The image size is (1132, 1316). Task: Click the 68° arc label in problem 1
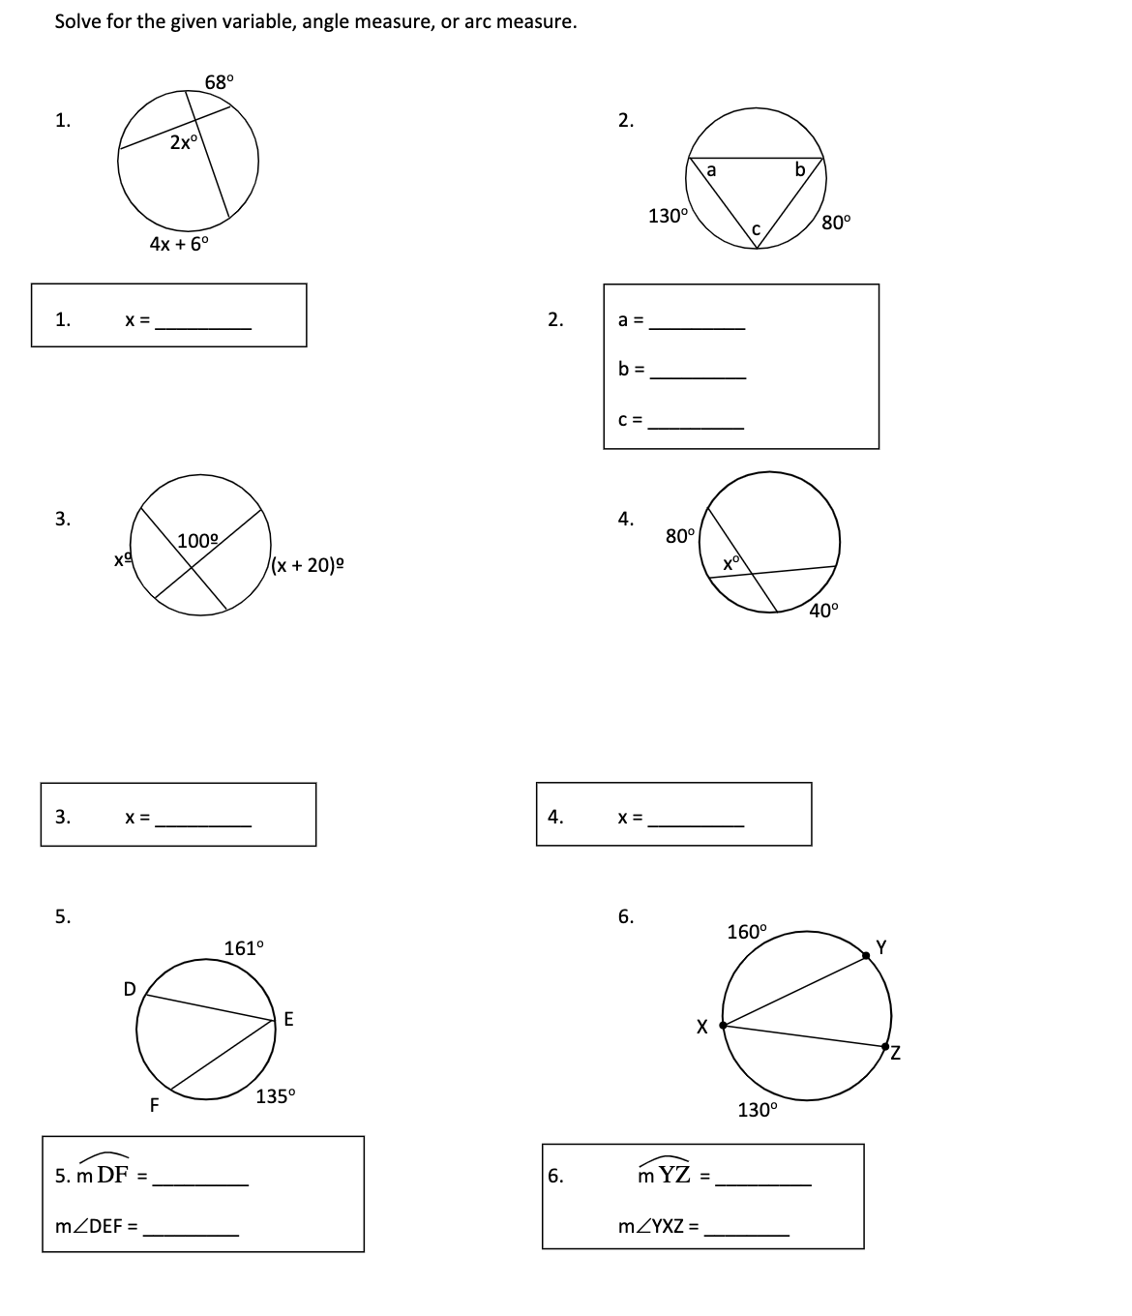pyautogui.click(x=219, y=81)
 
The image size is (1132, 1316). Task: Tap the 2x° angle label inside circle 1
pyautogui.click(x=183, y=142)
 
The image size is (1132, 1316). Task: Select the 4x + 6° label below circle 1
pyautogui.click(x=179, y=244)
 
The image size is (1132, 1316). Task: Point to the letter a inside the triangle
pyautogui.click(x=711, y=170)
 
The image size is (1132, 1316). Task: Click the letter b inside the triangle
pyautogui.click(x=799, y=170)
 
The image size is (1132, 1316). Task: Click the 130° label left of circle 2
pyautogui.click(x=668, y=216)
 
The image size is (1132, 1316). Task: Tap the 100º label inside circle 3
pyautogui.click(x=198, y=540)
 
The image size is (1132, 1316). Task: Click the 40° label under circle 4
pyautogui.click(x=824, y=610)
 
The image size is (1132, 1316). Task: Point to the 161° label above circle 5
pyautogui.click(x=243, y=948)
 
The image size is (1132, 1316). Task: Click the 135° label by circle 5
pyautogui.click(x=276, y=1096)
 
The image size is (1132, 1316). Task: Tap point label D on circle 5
pyautogui.click(x=129, y=988)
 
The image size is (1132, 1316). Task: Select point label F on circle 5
pyautogui.click(x=154, y=1104)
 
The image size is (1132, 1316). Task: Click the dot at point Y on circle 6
pyautogui.click(x=868, y=955)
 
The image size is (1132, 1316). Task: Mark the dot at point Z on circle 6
pyautogui.click(x=885, y=1046)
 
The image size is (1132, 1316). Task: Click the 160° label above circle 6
pyautogui.click(x=746, y=932)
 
